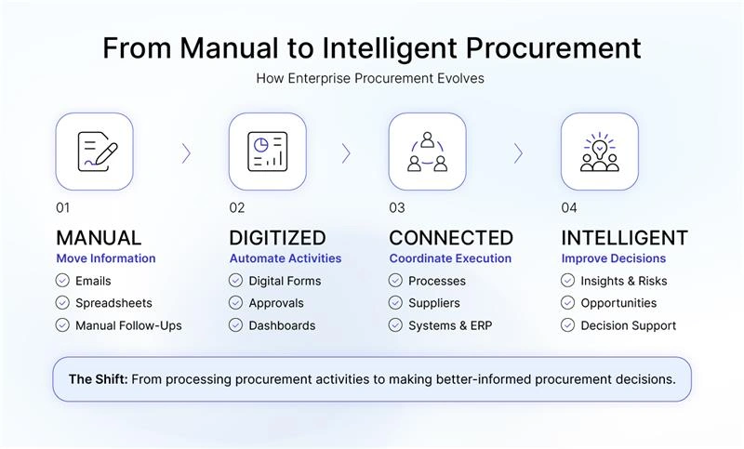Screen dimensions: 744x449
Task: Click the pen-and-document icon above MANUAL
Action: tap(98, 152)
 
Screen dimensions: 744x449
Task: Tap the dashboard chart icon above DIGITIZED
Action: tap(268, 152)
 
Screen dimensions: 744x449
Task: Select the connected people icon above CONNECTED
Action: tap(427, 152)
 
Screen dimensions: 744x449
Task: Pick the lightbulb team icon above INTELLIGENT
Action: tap(600, 152)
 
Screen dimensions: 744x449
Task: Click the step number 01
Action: tap(62, 207)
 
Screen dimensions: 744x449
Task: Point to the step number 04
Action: tap(569, 207)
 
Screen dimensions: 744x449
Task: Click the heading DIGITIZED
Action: tap(277, 238)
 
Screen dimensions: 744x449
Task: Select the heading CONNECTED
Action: tap(451, 238)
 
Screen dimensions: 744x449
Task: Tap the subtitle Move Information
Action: tap(106, 258)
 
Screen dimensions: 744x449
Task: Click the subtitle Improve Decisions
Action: tap(614, 258)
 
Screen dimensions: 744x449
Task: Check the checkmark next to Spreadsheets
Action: tap(62, 302)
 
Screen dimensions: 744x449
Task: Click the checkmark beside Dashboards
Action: tap(235, 325)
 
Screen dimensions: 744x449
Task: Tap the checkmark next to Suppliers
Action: tap(395, 302)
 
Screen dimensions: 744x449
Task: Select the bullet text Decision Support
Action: tap(629, 325)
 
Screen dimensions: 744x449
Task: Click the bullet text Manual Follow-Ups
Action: tap(128, 325)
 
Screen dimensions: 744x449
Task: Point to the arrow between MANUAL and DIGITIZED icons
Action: tap(186, 153)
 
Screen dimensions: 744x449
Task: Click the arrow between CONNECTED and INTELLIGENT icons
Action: tap(518, 153)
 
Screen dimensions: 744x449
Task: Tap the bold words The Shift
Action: tap(99, 379)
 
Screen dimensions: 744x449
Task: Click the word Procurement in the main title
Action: tap(553, 48)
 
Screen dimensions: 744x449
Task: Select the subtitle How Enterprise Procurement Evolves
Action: tap(370, 78)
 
